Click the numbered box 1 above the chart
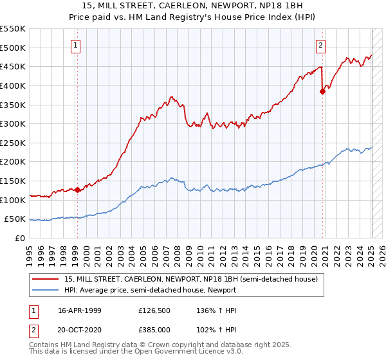click(x=77, y=45)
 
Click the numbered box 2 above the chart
click(x=320, y=45)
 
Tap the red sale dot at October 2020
click(x=323, y=91)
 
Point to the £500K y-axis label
click(x=13, y=48)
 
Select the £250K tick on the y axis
click(x=13, y=143)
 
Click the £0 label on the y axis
click(x=21, y=238)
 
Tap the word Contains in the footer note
click(x=45, y=346)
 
